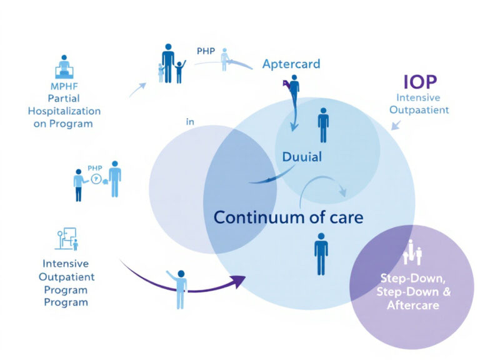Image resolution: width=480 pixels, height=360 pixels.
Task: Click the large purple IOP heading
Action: [419, 81]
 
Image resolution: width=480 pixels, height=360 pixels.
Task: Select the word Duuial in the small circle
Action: [301, 157]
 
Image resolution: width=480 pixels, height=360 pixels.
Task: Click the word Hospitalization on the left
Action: [64, 111]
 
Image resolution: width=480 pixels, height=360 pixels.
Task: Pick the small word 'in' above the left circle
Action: [190, 122]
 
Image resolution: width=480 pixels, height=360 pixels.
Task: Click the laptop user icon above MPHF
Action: [64, 65]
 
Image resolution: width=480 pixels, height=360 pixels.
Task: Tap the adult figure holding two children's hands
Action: [168, 63]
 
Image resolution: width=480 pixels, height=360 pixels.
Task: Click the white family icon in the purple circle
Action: [412, 252]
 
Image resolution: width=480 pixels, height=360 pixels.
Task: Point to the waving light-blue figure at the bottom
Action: [179, 287]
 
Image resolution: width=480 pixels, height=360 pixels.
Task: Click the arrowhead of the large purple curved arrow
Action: [238, 282]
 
